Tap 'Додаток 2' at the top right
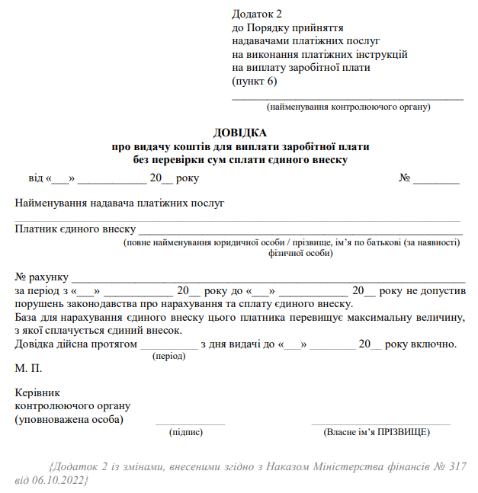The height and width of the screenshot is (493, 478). coord(257,14)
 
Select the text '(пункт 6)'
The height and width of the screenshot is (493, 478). coord(254,80)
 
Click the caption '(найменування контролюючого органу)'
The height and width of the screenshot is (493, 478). coord(348,107)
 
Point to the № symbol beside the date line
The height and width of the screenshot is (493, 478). coord(406,178)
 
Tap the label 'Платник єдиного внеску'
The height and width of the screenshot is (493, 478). coord(75,229)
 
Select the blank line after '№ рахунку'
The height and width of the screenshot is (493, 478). coord(267,278)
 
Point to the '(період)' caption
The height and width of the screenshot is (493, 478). coord(168,356)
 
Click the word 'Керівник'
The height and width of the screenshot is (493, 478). coord(36,393)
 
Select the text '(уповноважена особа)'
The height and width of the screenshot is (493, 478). coord(69,419)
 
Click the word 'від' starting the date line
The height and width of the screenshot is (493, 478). coord(36,178)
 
